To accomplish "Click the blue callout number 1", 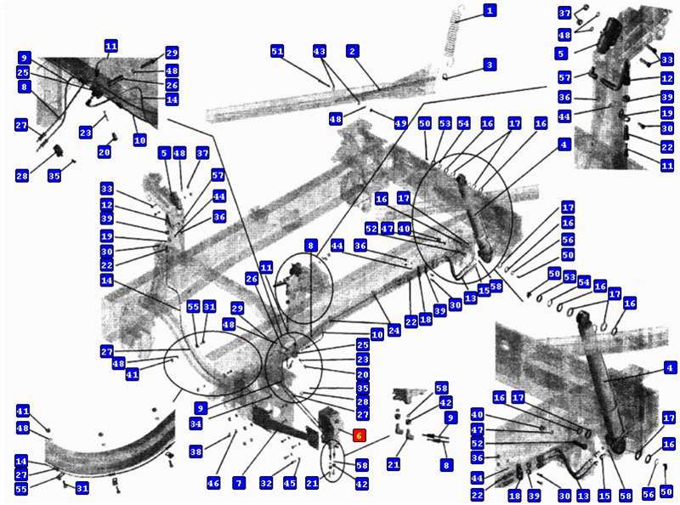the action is coord(490,10).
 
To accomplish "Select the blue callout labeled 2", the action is coord(353,51).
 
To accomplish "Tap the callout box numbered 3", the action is coord(490,65).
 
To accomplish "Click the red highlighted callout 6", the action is coord(360,435).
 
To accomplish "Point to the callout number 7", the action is coord(239,482).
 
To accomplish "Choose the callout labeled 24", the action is coord(394,331).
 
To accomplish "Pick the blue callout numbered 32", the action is coord(266,482).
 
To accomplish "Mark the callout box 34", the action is coord(195,423).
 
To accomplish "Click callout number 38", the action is coord(195,451).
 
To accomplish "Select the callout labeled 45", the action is coord(290,482).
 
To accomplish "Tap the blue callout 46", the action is coord(213,482).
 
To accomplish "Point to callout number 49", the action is coord(400,122).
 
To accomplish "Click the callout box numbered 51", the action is coord(277,51).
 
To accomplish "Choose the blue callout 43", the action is coord(320,51).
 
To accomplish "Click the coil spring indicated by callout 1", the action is coord(453,35).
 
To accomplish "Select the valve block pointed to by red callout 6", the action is coord(331,424).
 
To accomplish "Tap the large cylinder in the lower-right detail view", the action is coord(602,382).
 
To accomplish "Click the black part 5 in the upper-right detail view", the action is coord(609,35).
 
